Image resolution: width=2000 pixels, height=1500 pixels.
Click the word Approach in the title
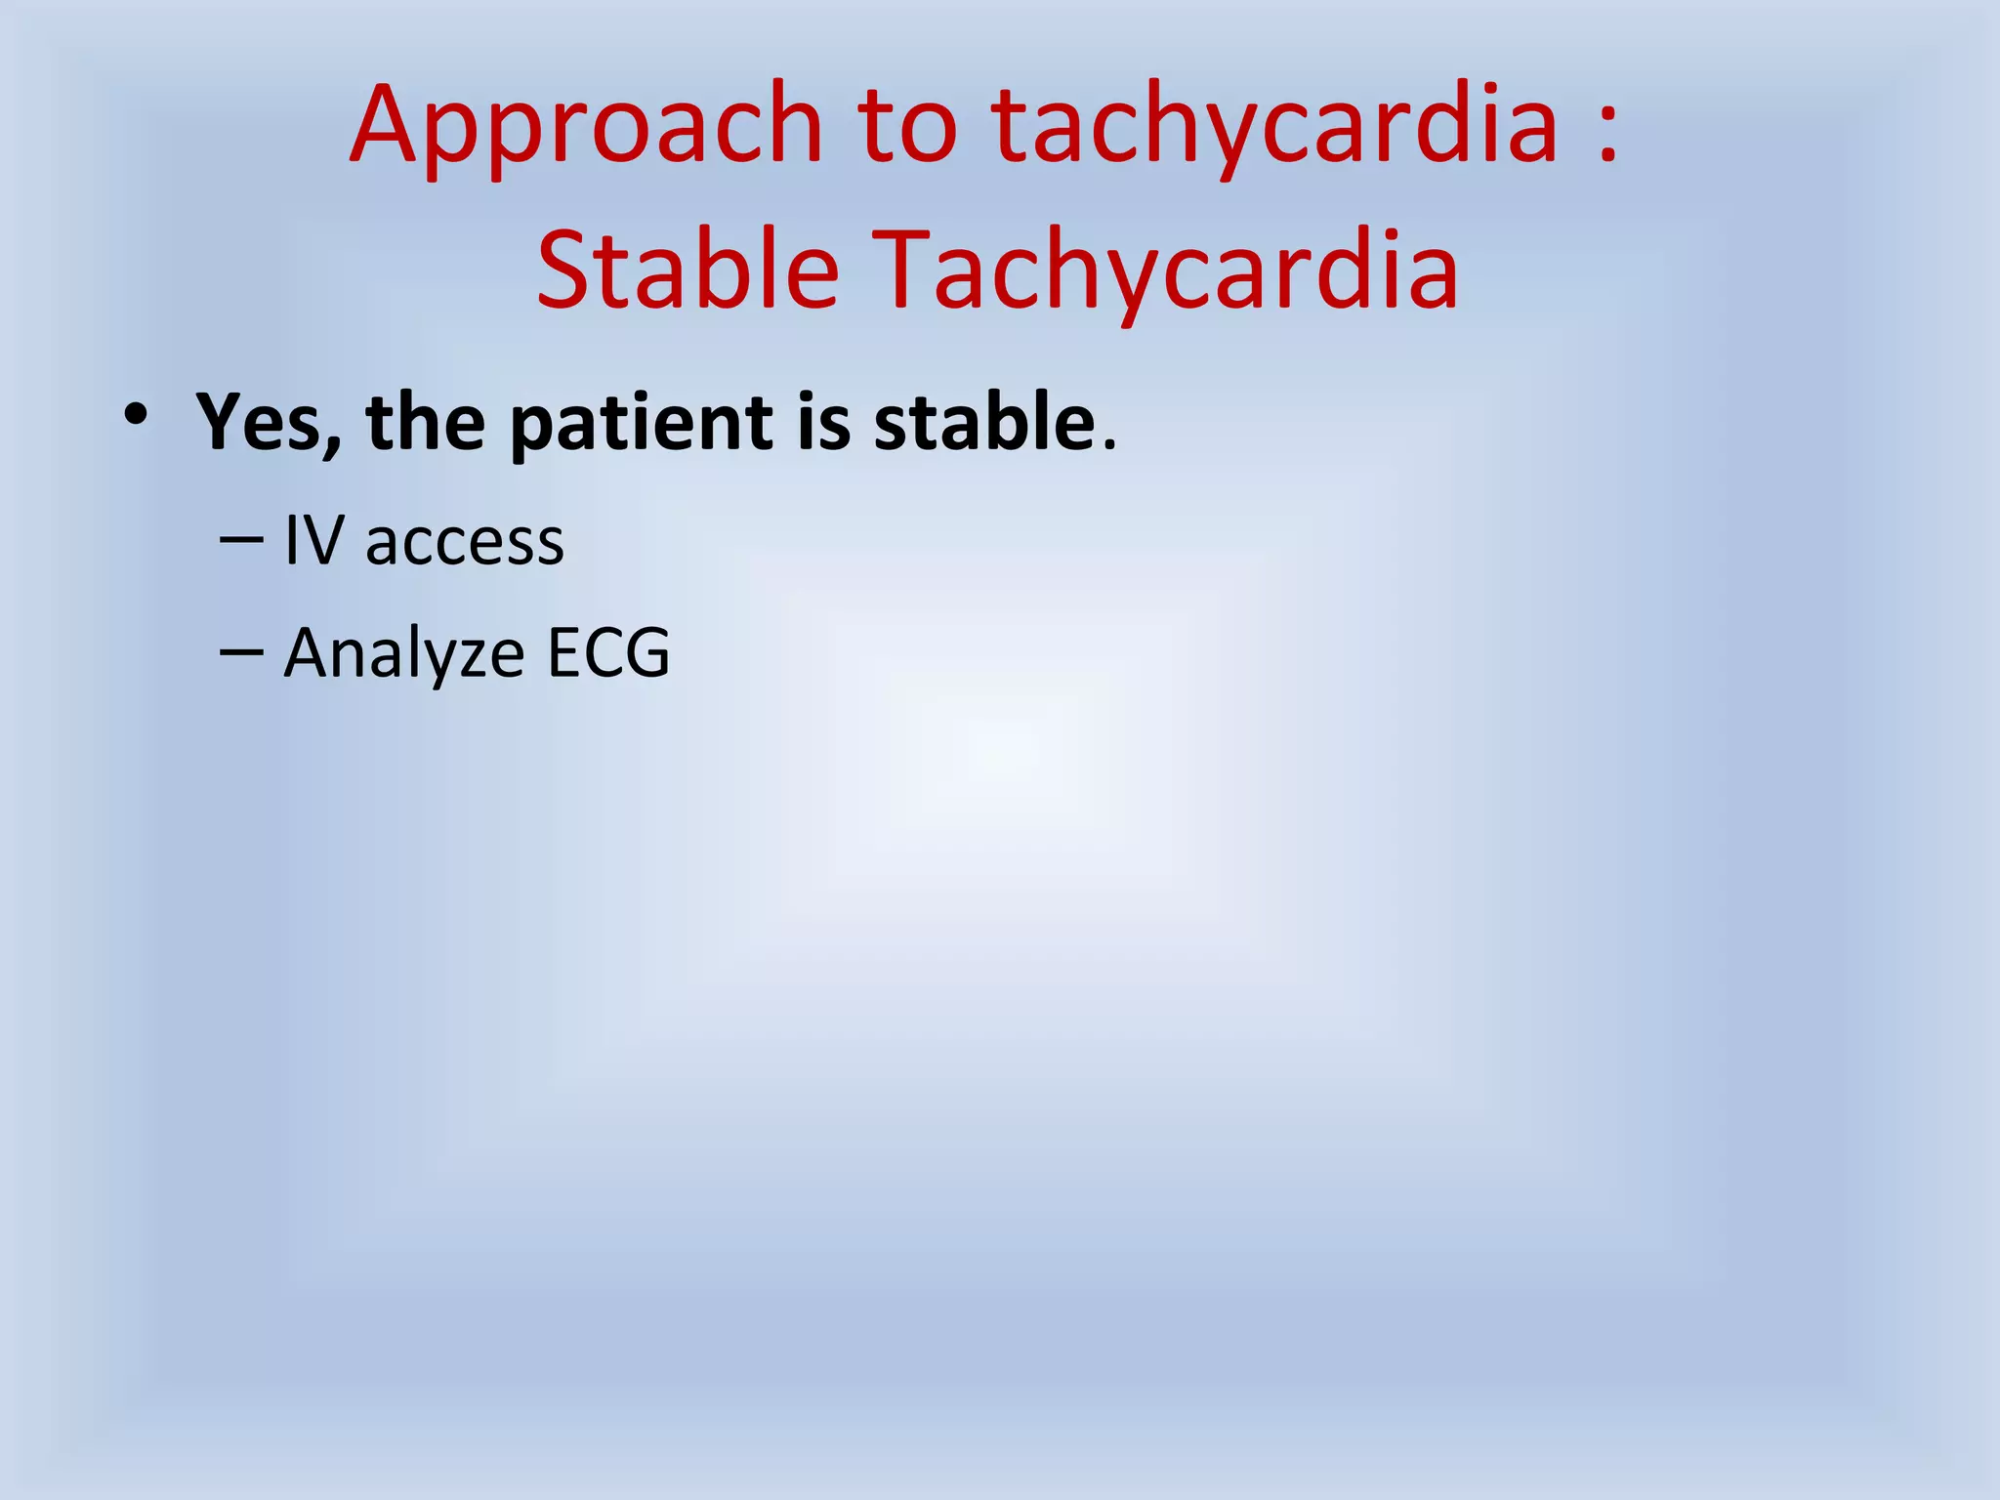(x=586, y=127)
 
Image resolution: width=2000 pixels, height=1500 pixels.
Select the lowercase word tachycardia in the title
(x=1274, y=127)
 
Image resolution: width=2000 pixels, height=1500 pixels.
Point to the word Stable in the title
(x=687, y=270)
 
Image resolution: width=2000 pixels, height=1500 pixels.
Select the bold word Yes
(x=260, y=422)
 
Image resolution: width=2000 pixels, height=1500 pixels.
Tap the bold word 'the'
(x=425, y=422)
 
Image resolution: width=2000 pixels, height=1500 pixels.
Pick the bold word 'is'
(x=824, y=422)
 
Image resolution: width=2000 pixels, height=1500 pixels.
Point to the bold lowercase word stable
(x=984, y=422)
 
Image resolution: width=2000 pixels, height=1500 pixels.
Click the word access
(x=464, y=543)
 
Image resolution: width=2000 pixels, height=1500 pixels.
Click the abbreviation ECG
(x=607, y=651)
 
